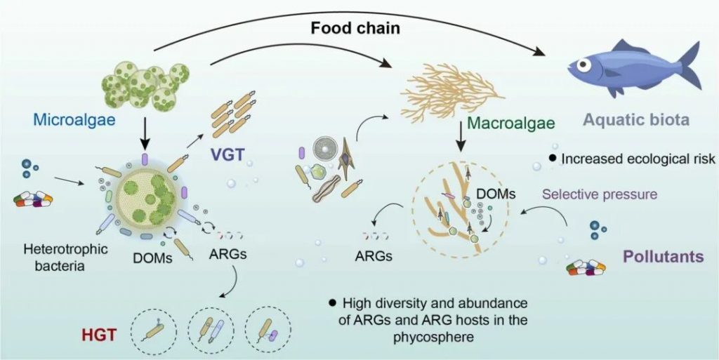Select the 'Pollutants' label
pyautogui.click(x=663, y=257)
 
